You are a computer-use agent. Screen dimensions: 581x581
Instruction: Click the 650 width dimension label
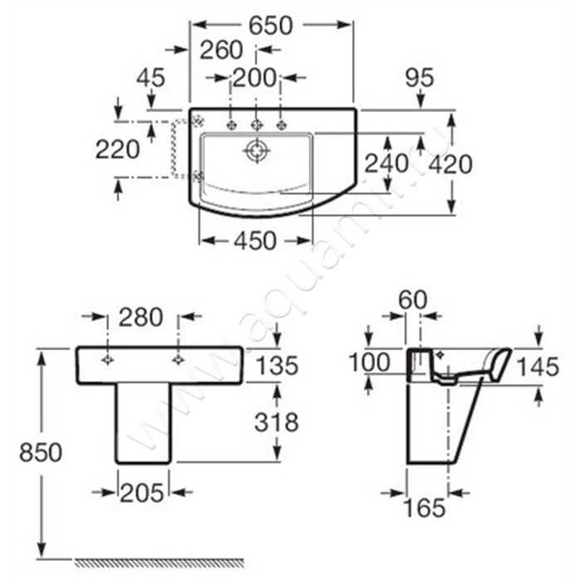tap(271, 26)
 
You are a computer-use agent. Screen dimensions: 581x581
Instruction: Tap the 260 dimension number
tap(222, 50)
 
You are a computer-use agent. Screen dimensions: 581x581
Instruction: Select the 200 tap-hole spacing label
tap(256, 78)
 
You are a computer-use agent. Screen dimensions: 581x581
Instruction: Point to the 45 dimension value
tap(151, 78)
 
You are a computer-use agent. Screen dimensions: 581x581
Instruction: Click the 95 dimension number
tap(419, 78)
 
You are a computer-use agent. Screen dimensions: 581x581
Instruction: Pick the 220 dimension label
tap(118, 149)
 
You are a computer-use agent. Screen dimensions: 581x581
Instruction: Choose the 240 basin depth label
tap(387, 164)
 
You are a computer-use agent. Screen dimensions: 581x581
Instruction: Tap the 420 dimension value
tap(451, 164)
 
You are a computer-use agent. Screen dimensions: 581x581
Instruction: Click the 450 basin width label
tap(256, 241)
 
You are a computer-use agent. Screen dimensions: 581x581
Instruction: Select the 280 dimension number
tap(141, 317)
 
